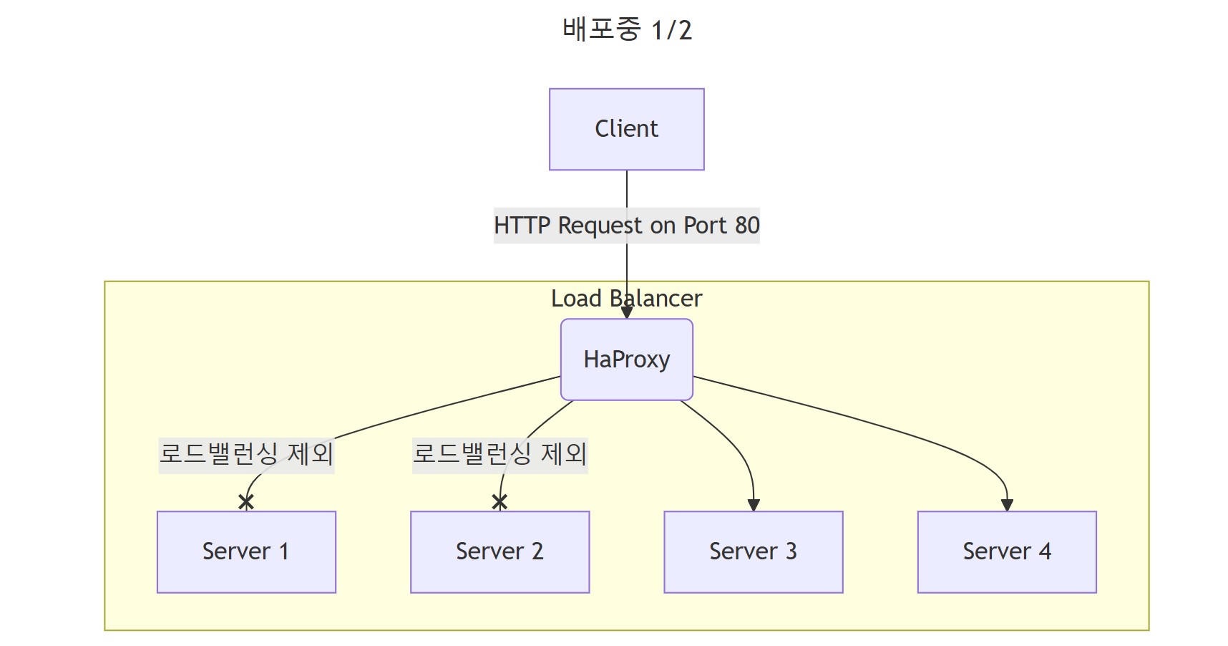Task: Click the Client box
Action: pyautogui.click(x=626, y=129)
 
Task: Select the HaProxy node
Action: pyautogui.click(x=626, y=359)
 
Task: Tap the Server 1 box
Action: pyautogui.click(x=246, y=551)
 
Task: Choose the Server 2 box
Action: pyautogui.click(x=500, y=551)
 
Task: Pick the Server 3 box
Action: pyautogui.click(x=753, y=551)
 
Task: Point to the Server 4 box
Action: pyautogui.click(x=1006, y=551)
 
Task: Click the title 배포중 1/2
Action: pyautogui.click(x=627, y=30)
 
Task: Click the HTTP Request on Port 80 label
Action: pyautogui.click(x=626, y=226)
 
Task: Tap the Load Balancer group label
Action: pyautogui.click(x=626, y=298)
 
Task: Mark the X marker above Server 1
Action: pyautogui.click(x=246, y=502)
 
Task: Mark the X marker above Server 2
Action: pyautogui.click(x=500, y=502)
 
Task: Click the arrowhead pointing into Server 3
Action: pyautogui.click(x=753, y=505)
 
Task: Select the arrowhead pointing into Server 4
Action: pyautogui.click(x=1007, y=505)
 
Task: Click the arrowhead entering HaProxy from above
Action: pyautogui.click(x=627, y=313)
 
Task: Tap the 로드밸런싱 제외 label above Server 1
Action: pyautogui.click(x=246, y=453)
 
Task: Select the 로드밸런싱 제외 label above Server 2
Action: pyautogui.click(x=500, y=453)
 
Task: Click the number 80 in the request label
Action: pyautogui.click(x=747, y=226)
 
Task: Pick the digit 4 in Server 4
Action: pyautogui.click(x=1045, y=551)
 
